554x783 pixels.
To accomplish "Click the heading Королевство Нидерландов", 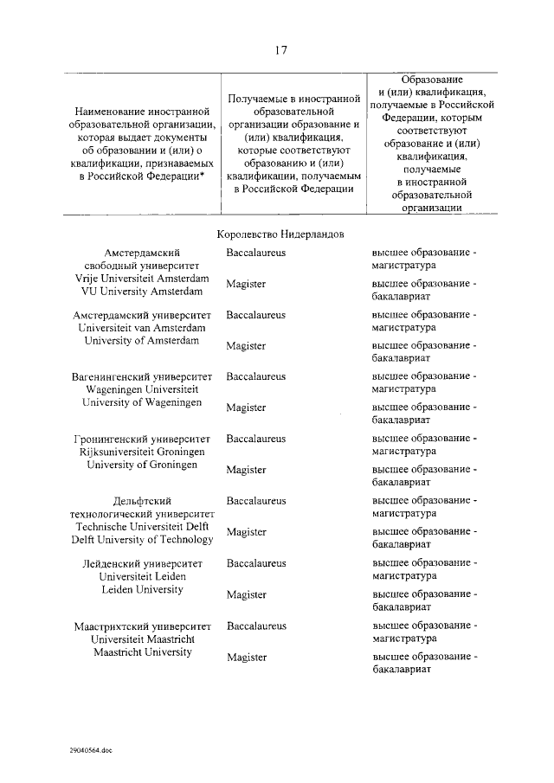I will pos(280,234).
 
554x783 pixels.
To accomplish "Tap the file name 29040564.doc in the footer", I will pos(92,751).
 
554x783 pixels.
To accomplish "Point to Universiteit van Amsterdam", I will pos(143,328).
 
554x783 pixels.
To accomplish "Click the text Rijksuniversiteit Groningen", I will pos(143,452).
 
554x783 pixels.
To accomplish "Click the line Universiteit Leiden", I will pos(143,576).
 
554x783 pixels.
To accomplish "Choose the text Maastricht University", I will pos(143,651).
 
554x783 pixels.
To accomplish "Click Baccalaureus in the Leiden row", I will pos(256,563).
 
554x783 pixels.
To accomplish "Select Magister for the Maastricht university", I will pos(247,658).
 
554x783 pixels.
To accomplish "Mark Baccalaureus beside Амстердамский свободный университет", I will pos(256,253).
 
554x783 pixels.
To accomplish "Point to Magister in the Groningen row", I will pos(247,470).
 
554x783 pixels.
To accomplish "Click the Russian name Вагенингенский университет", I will pos(143,377).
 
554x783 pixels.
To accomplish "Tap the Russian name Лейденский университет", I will pos(143,563).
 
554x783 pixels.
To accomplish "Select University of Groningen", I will pos(143,465).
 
